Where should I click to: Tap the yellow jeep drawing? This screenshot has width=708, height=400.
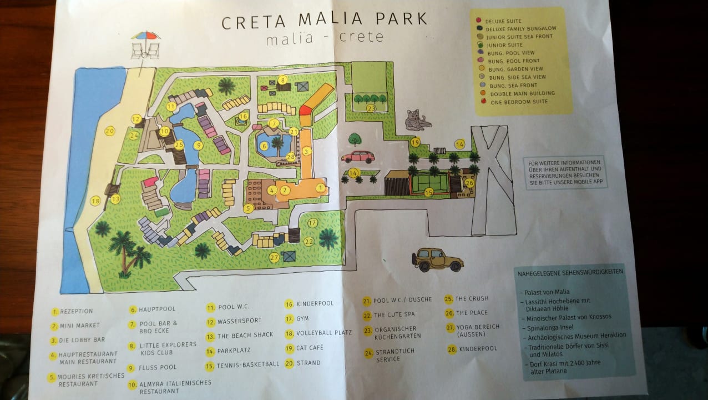point(437,259)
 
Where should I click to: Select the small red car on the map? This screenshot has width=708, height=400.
point(358,157)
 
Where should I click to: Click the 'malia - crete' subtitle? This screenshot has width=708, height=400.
point(325,38)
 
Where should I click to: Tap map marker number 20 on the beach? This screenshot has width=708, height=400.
point(109,131)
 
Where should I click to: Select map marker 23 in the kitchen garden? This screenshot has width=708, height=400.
point(371,108)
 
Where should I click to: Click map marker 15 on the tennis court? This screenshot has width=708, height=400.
point(428,192)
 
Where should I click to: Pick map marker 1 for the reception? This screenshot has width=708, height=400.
point(320,188)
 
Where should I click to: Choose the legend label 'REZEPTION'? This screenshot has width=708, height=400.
point(77,311)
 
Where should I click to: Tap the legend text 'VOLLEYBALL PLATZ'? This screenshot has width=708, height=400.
point(324,333)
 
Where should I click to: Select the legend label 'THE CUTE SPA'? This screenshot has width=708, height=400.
point(394,315)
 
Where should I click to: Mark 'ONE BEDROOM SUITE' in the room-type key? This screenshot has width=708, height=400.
point(519,102)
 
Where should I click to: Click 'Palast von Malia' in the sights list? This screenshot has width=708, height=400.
point(546,292)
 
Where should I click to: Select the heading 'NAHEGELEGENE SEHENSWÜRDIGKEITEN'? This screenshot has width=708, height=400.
point(570,273)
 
